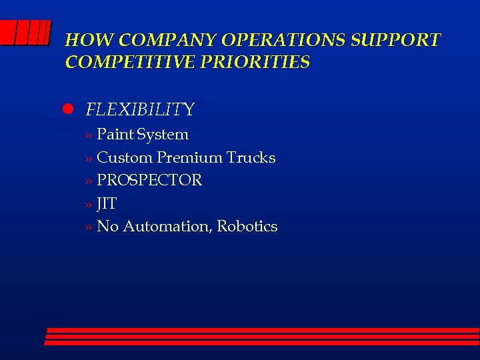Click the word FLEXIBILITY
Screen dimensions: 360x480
point(140,109)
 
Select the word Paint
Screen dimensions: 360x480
point(115,134)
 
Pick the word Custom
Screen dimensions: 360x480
point(125,157)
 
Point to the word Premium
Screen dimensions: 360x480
point(190,157)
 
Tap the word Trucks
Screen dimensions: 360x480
point(251,157)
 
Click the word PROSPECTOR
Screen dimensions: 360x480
point(149,180)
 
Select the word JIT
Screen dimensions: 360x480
point(107,203)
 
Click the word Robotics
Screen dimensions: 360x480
point(247,227)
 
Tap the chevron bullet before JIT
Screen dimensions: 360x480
point(89,204)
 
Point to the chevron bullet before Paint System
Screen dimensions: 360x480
point(89,135)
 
